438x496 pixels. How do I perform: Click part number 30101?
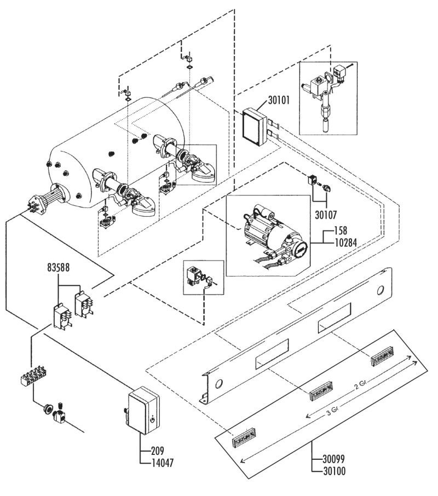click(x=279, y=100)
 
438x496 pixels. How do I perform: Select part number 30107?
click(x=326, y=215)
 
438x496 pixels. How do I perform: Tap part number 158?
click(x=341, y=230)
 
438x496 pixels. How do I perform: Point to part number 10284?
click(x=345, y=243)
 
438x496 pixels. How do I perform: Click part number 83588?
click(x=58, y=267)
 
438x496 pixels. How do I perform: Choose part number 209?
click(x=158, y=451)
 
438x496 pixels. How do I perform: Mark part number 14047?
click(x=163, y=463)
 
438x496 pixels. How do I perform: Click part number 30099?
click(x=334, y=459)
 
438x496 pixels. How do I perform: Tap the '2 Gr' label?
click(x=360, y=385)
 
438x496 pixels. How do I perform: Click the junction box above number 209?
click(x=144, y=410)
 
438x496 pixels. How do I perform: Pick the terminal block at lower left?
click(x=33, y=374)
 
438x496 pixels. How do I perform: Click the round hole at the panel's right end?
click(x=381, y=290)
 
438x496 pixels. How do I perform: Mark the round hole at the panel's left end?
click(x=218, y=384)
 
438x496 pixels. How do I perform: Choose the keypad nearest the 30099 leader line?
click(x=244, y=437)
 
